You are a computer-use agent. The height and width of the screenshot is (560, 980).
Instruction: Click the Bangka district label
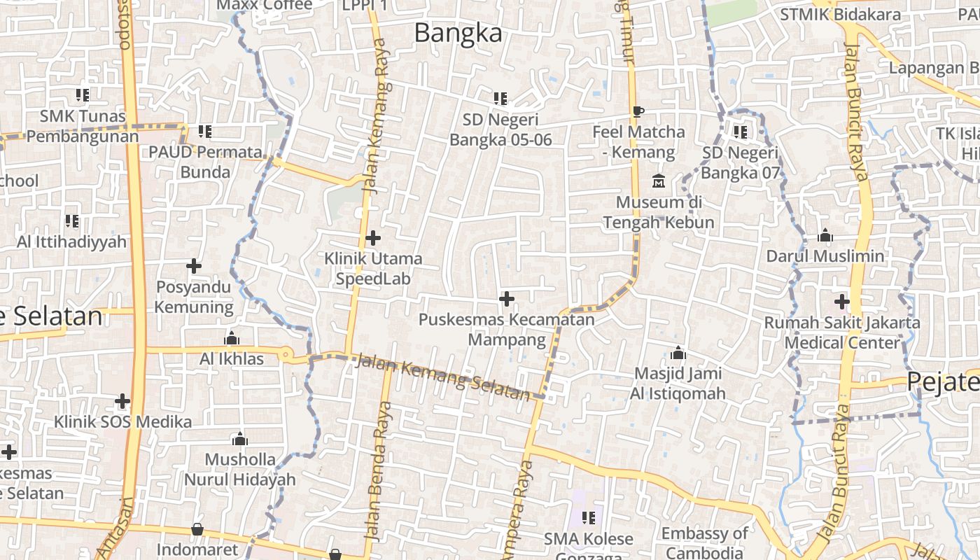click(x=458, y=33)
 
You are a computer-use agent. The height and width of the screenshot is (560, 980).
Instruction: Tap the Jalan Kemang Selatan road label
click(x=443, y=378)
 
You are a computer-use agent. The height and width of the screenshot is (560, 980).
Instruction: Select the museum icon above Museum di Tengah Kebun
click(x=658, y=181)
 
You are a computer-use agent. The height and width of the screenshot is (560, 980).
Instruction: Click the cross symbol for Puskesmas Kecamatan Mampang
click(x=506, y=299)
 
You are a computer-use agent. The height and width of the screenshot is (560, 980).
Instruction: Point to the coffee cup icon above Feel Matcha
click(x=638, y=111)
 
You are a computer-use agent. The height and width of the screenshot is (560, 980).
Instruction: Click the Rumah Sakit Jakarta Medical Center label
click(x=841, y=332)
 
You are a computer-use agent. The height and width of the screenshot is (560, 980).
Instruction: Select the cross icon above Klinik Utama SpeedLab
click(x=373, y=238)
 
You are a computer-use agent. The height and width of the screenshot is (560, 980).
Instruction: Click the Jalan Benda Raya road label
click(x=379, y=469)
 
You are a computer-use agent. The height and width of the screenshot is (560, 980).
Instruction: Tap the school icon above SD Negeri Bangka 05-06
click(x=500, y=99)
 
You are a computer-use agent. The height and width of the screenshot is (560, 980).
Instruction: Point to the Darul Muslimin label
click(x=825, y=256)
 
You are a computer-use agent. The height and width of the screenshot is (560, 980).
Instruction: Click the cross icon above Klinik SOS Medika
click(x=122, y=401)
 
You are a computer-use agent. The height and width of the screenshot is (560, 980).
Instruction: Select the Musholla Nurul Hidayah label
click(x=239, y=470)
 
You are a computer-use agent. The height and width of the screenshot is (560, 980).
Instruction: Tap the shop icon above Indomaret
click(x=197, y=529)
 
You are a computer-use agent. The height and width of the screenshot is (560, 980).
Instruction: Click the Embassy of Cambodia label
click(x=704, y=543)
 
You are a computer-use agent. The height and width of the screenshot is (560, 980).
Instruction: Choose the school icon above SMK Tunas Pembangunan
click(x=83, y=94)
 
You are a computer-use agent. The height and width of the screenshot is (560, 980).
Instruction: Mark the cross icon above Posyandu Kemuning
click(x=194, y=266)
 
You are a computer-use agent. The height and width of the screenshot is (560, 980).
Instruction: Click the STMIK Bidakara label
click(x=831, y=14)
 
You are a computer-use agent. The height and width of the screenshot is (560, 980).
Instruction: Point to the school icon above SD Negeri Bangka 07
click(x=740, y=132)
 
